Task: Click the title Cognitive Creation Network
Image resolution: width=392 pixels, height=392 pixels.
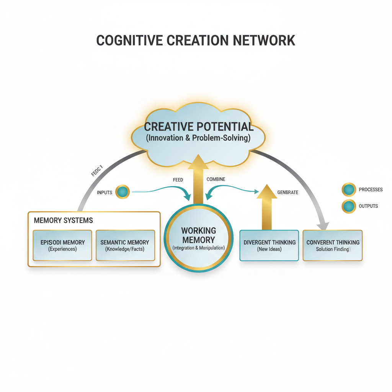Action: pyautogui.click(x=196, y=40)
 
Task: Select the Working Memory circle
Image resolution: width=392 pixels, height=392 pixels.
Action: pyautogui.click(x=198, y=238)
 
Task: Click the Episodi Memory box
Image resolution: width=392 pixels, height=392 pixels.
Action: pyautogui.click(x=62, y=245)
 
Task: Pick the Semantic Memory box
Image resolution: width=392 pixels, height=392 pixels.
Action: pyautogui.click(x=125, y=245)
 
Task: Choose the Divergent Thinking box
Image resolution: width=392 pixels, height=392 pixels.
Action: pyautogui.click(x=269, y=245)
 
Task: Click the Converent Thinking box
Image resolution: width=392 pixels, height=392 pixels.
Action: pyautogui.click(x=333, y=245)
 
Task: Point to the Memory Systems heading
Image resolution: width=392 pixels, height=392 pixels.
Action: pyautogui.click(x=63, y=220)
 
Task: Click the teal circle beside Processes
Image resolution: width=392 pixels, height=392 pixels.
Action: pyautogui.click(x=348, y=189)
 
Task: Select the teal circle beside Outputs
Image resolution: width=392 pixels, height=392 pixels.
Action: pyautogui.click(x=348, y=206)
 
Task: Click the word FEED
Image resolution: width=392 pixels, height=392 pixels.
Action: pyautogui.click(x=178, y=180)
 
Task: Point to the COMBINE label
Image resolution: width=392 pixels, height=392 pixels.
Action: pyautogui.click(x=216, y=179)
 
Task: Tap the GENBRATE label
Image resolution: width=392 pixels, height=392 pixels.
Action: pyautogui.click(x=287, y=192)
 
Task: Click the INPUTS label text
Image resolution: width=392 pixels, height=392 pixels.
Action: pyautogui.click(x=105, y=192)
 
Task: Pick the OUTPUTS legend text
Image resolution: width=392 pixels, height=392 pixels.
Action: pyautogui.click(x=368, y=206)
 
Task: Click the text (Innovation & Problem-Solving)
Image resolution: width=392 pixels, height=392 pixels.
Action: pyautogui.click(x=198, y=138)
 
